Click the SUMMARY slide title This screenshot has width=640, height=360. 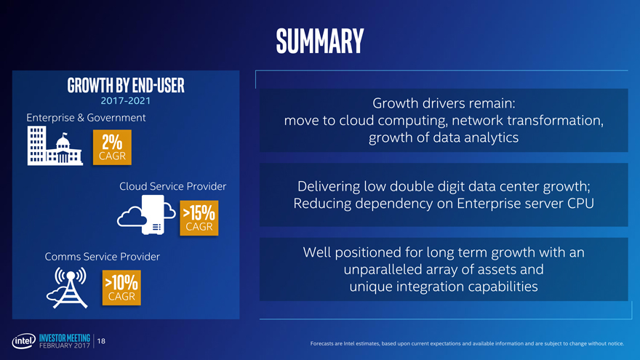(x=319, y=41)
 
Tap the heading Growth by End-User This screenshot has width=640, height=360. (x=126, y=85)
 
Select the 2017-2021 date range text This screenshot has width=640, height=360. (x=126, y=101)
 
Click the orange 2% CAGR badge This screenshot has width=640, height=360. (x=112, y=148)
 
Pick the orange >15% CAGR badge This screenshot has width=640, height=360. (x=199, y=218)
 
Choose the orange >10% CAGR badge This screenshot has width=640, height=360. (x=121, y=288)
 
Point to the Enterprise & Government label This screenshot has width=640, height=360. (x=86, y=118)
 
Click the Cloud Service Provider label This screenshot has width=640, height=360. (x=172, y=186)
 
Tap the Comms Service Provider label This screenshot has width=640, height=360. (x=102, y=256)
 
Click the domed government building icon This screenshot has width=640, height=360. (x=63, y=150)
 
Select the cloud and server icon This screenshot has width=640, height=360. (x=146, y=215)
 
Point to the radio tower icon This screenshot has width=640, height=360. (x=68, y=287)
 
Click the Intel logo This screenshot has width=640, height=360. (x=23, y=341)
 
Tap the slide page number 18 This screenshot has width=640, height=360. (x=101, y=341)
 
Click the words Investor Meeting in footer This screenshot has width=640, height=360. (x=65, y=338)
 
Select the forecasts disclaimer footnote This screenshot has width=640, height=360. (x=467, y=344)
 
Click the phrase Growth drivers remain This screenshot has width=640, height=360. (x=444, y=103)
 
